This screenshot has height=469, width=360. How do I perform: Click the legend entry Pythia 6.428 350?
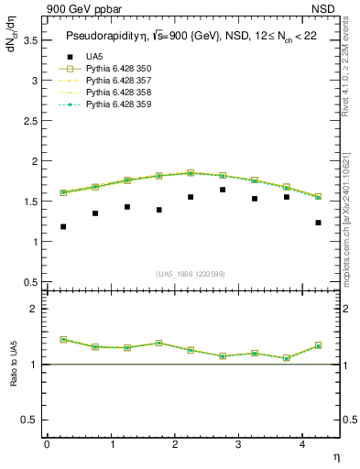pyautogui.click(x=115, y=69)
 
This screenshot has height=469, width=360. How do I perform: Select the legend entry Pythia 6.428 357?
pyautogui.click(x=115, y=81)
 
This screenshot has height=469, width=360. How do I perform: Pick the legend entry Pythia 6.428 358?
pyautogui.click(x=115, y=93)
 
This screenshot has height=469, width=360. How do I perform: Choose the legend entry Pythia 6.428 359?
pyautogui.click(x=115, y=104)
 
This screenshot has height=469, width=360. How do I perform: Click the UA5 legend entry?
pyautogui.click(x=95, y=57)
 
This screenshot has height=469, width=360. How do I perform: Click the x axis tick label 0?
pyautogui.click(x=47, y=443)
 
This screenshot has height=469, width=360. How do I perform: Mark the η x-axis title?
pyautogui.click(x=334, y=455)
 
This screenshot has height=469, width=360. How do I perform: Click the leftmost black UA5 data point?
pyautogui.click(x=63, y=226)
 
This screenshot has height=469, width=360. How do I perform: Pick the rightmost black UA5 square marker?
pyautogui.click(x=318, y=223)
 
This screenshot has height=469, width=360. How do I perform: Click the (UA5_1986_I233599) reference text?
pyautogui.click(x=191, y=274)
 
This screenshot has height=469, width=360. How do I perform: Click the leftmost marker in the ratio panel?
pyautogui.click(x=63, y=339)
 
